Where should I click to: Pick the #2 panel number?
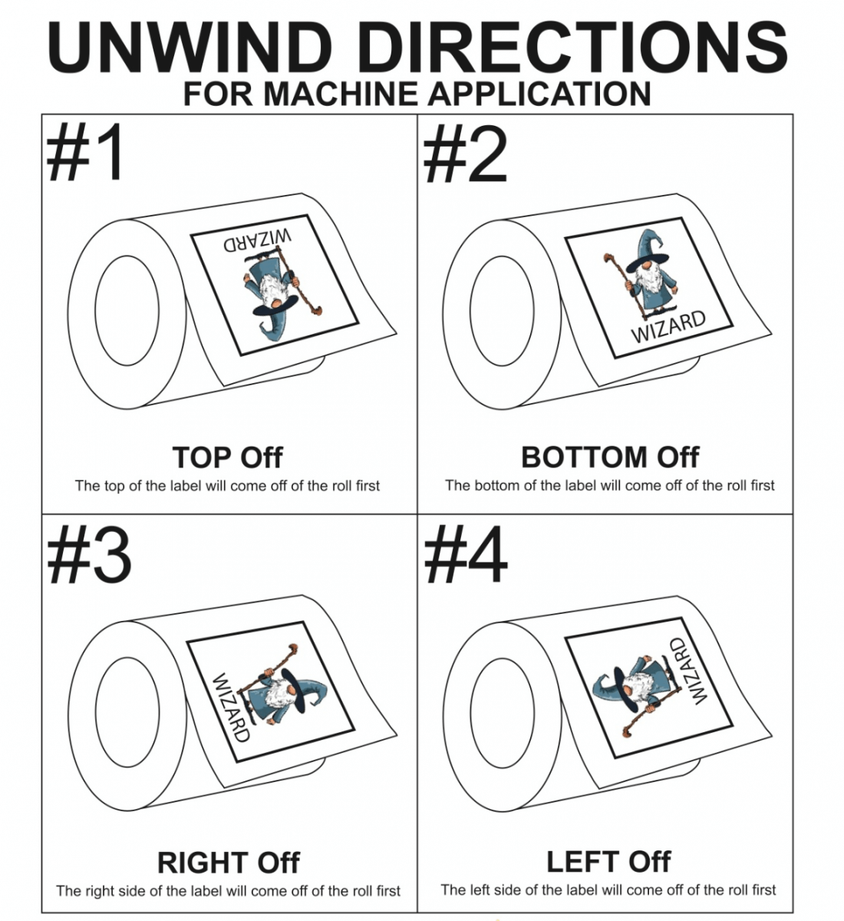click(x=466, y=155)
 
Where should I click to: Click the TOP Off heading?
click(x=227, y=457)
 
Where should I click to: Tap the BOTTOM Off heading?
click(x=609, y=457)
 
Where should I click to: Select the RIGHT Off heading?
click(x=228, y=863)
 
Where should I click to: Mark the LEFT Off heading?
click(x=608, y=862)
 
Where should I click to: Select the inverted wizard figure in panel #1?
click(x=278, y=293)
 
